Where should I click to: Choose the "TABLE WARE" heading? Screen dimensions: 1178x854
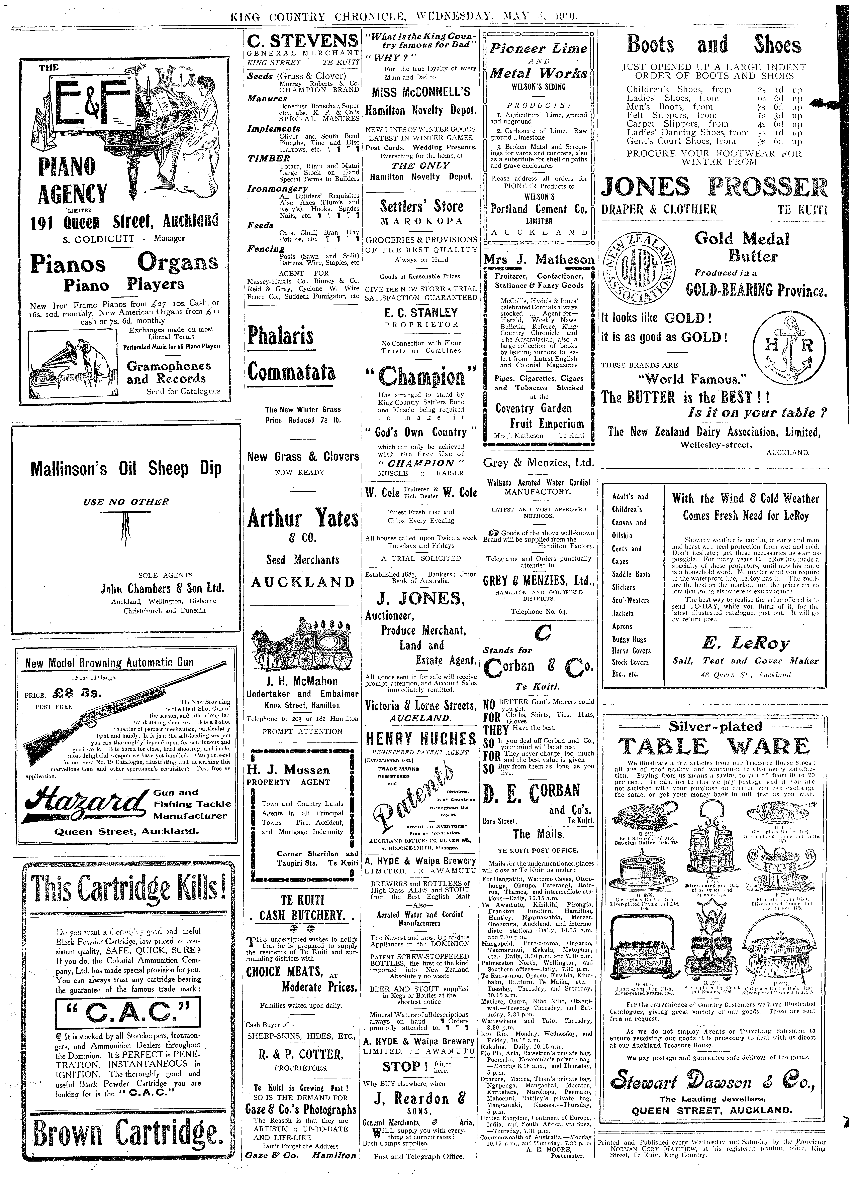point(714,747)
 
